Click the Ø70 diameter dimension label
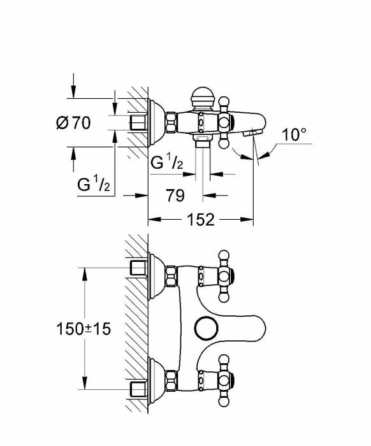pos(73,122)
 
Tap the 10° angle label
pos(295,134)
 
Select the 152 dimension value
pos(201,219)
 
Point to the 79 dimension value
pos(175,195)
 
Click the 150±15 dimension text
pos(84,329)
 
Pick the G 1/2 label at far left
pos(93,183)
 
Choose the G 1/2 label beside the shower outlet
pos(167,161)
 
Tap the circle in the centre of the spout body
pos(207,327)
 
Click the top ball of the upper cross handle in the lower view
pos(224,254)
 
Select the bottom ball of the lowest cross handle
pos(224,401)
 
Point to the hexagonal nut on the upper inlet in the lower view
pos(171,276)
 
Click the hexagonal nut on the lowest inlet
pos(171,380)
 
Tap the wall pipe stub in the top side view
pos(138,123)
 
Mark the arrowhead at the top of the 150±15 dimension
pos(85,273)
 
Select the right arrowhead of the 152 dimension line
pos(247,219)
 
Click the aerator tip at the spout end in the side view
pos(252,133)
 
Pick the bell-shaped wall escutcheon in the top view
pos(156,123)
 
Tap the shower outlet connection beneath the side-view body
pos(203,140)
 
